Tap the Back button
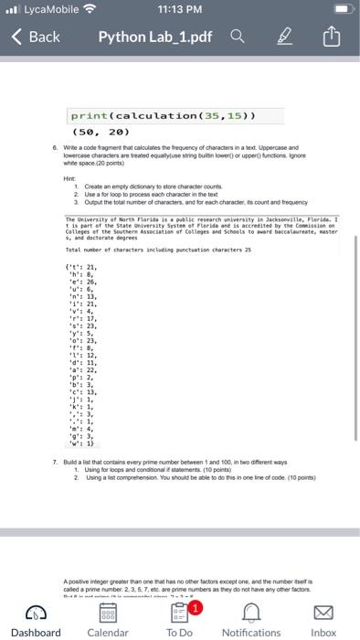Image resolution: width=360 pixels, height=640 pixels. click(x=36, y=37)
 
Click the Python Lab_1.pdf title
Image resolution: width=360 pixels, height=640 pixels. click(x=172, y=37)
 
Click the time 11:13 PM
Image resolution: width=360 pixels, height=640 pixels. click(x=180, y=9)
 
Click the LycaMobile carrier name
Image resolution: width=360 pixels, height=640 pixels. click(x=47, y=9)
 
